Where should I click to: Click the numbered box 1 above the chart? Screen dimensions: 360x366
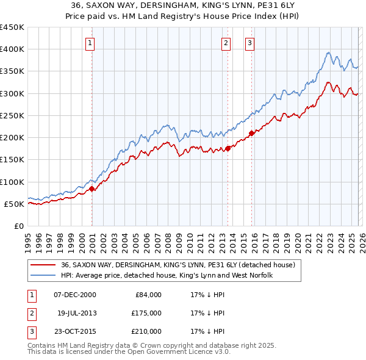[x=90, y=43]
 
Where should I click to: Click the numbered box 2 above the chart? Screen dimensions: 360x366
[x=226, y=43]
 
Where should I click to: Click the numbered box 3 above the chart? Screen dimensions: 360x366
[x=250, y=43]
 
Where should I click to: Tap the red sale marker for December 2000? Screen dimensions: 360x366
[x=92, y=189]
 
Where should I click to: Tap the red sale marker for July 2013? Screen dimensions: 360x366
[x=228, y=148]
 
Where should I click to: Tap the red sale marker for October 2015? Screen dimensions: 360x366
[x=252, y=133]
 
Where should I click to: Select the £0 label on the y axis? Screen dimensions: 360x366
[x=18, y=226]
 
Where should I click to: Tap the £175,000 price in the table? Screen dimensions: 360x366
[x=146, y=313]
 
